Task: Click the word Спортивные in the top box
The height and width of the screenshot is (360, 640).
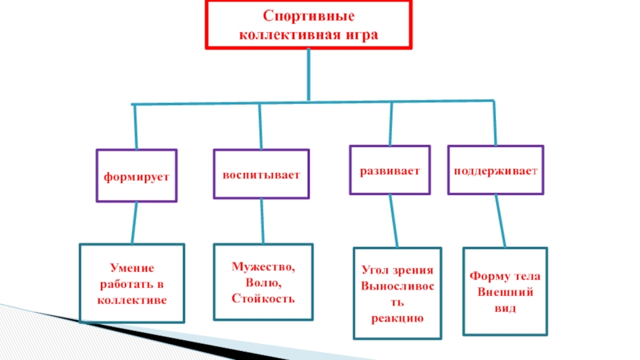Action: (x=309, y=17)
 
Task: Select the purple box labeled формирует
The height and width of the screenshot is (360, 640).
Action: (x=135, y=174)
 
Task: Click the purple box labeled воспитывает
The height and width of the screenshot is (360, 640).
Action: (x=261, y=173)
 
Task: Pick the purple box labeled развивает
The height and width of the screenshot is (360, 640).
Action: (x=390, y=170)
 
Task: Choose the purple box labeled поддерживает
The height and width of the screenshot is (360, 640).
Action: (x=495, y=170)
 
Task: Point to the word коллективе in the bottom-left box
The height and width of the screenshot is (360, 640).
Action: (x=132, y=300)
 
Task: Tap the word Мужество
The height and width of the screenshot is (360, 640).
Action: (x=263, y=267)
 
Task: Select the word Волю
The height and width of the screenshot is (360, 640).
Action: (x=263, y=282)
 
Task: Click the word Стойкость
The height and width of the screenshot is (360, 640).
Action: (x=263, y=298)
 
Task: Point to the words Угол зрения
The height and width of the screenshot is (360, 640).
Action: (x=397, y=270)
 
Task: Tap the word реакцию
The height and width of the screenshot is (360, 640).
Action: (x=397, y=318)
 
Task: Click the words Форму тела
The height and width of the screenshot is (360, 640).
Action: (x=505, y=277)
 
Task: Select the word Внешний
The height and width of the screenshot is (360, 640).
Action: (x=505, y=292)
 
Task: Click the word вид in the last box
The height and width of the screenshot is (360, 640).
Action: (x=505, y=307)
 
